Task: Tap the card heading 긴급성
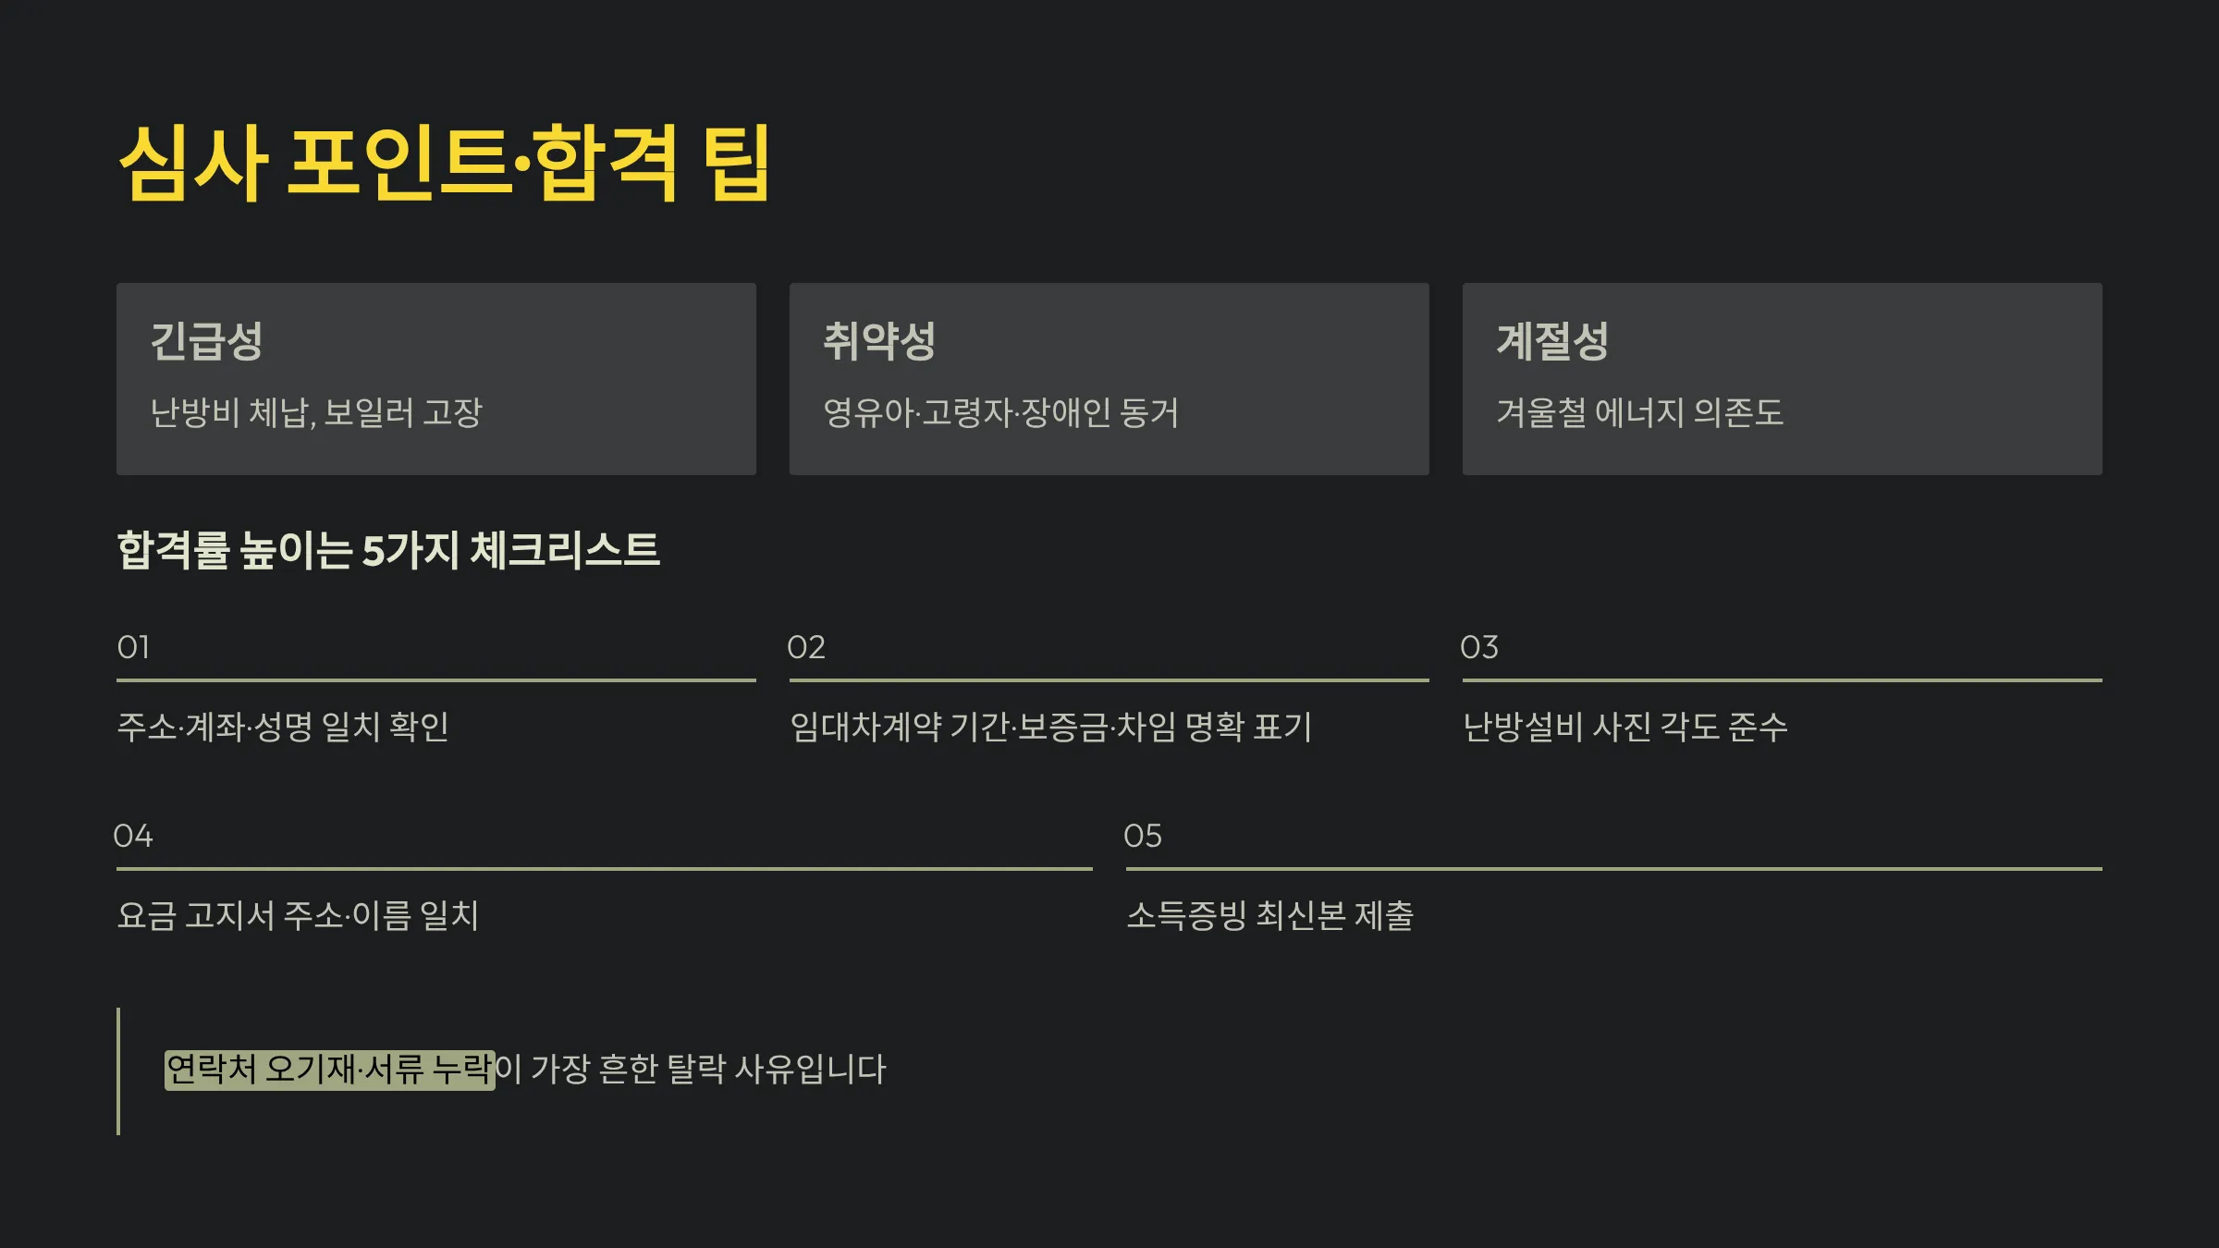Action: point(206,341)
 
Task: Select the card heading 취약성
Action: point(879,341)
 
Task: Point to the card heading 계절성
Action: point(1552,341)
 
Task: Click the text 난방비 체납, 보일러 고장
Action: point(316,412)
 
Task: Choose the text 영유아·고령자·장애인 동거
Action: point(1000,412)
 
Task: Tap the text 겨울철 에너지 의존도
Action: point(1639,412)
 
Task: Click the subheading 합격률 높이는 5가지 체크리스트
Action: point(388,550)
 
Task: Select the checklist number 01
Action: point(133,647)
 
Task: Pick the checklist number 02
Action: point(806,647)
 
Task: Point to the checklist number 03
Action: point(1479,647)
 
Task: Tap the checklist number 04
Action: point(133,836)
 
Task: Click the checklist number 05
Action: point(1143,836)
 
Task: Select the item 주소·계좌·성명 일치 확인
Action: point(283,727)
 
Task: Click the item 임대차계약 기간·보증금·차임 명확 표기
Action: point(1050,727)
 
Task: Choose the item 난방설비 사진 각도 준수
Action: point(1624,727)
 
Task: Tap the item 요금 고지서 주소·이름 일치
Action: point(298,915)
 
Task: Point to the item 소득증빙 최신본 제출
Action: point(1269,915)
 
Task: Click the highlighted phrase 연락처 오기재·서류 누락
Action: point(329,1070)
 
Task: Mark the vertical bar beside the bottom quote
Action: point(118,1071)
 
